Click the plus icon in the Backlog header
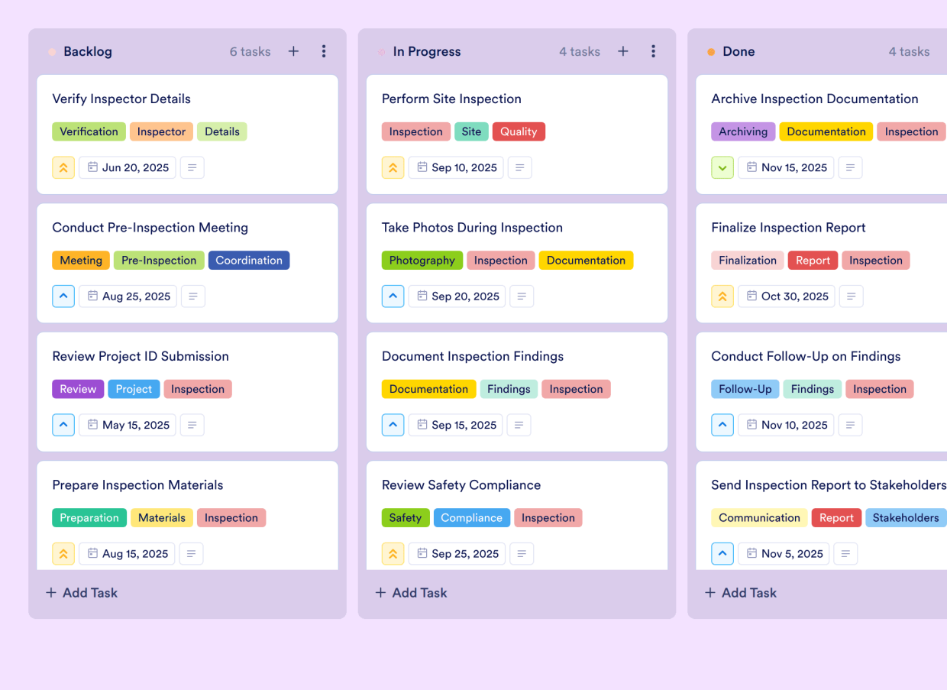tap(293, 51)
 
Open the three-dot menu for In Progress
tap(653, 51)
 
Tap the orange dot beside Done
tap(711, 52)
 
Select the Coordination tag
tap(248, 261)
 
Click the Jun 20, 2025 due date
tap(128, 167)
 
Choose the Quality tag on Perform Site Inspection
tap(519, 131)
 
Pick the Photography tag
tap(422, 261)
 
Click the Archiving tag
tap(742, 131)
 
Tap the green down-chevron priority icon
tap(722, 167)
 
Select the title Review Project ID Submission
tap(141, 356)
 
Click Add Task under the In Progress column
tap(412, 592)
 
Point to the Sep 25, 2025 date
tap(456, 554)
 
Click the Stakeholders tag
tap(906, 518)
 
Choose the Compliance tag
tap(471, 518)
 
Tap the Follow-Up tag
tap(745, 389)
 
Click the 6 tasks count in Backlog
tap(250, 52)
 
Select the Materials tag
tap(162, 518)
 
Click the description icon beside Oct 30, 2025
tap(851, 296)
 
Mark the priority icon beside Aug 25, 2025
tap(63, 296)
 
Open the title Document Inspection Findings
tap(473, 356)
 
